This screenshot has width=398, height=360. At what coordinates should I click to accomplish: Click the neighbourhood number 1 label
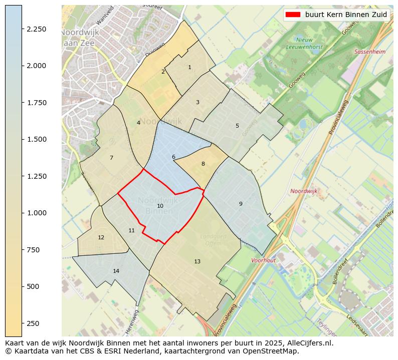(x=189, y=67)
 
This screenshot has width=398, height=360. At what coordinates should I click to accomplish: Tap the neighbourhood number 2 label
(x=163, y=72)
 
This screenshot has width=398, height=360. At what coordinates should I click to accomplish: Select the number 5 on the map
(x=237, y=126)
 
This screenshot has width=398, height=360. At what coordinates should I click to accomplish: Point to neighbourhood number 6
(x=173, y=157)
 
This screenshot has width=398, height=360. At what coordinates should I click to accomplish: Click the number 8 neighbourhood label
(x=203, y=164)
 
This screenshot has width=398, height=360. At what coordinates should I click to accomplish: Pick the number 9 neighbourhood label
(x=241, y=204)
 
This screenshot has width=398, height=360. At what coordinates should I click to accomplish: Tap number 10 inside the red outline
(x=160, y=206)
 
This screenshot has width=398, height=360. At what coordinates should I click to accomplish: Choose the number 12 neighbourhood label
(x=101, y=237)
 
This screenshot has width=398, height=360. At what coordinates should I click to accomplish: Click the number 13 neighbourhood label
(x=197, y=261)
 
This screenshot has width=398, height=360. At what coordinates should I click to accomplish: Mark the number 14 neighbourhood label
(x=116, y=271)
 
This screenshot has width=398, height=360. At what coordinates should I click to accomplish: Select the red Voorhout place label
(x=264, y=260)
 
